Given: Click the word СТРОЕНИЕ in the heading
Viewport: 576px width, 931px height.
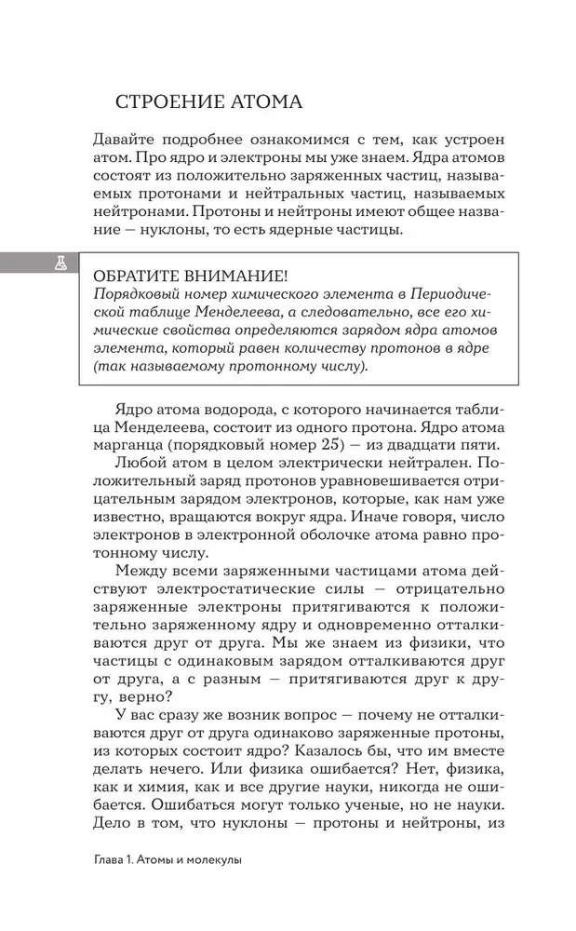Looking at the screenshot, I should pyautogui.click(x=161, y=100).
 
